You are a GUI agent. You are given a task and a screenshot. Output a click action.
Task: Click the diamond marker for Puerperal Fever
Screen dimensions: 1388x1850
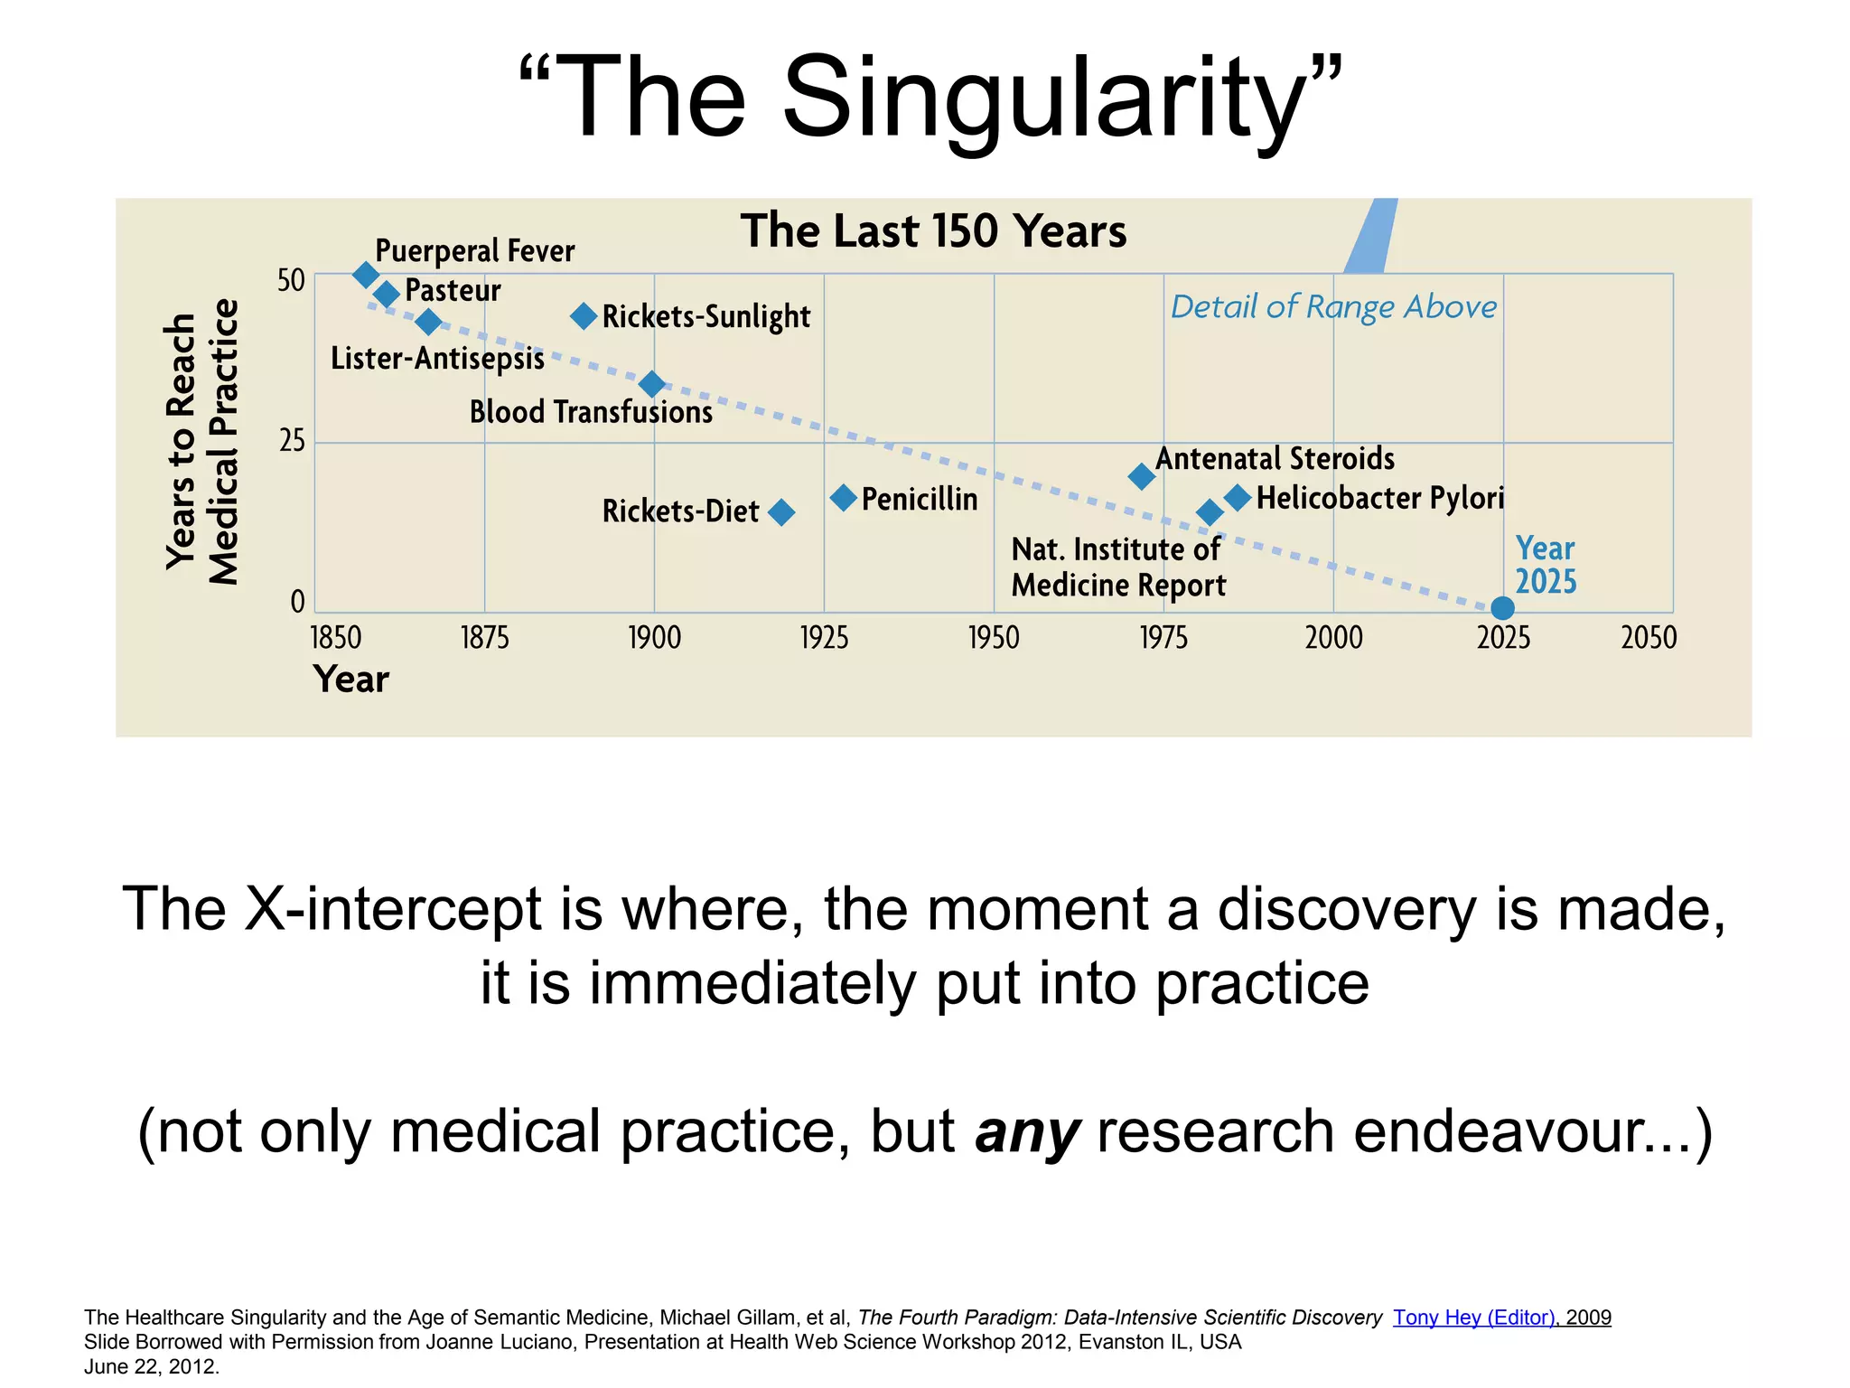365,275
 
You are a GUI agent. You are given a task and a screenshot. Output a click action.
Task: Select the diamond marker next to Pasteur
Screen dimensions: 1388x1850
387,294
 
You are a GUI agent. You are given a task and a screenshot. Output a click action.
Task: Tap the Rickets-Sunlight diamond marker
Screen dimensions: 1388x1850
584,316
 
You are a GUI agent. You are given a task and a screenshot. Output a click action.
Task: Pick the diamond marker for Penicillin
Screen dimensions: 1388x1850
843,497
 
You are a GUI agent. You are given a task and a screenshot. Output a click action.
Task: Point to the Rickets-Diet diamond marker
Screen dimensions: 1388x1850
781,512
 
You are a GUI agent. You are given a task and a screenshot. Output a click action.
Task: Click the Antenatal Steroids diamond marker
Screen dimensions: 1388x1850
1142,476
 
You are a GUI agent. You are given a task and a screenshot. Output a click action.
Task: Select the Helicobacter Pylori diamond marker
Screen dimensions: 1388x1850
1238,497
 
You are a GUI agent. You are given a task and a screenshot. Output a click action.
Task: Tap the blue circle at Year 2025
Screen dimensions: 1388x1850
1502,608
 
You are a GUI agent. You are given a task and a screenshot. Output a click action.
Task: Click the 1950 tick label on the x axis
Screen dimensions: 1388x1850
994,638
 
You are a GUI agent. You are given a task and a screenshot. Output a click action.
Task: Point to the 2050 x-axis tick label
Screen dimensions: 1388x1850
1649,638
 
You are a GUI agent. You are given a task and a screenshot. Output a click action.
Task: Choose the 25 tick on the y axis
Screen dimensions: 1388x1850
292,442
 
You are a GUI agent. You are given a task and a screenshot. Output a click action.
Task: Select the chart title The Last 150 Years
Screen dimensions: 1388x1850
933,231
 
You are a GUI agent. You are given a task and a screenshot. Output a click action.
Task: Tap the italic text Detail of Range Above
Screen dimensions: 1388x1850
1333,307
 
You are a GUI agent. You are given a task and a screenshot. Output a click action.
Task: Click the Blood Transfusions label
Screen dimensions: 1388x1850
591,412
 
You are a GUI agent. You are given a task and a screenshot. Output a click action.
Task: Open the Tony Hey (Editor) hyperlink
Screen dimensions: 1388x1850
1473,1318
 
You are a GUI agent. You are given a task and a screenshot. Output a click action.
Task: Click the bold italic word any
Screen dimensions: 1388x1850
1027,1131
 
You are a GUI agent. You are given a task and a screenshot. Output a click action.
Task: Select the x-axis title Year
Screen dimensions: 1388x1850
350,680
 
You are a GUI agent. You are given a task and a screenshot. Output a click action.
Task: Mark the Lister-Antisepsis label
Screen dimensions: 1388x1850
437,359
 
